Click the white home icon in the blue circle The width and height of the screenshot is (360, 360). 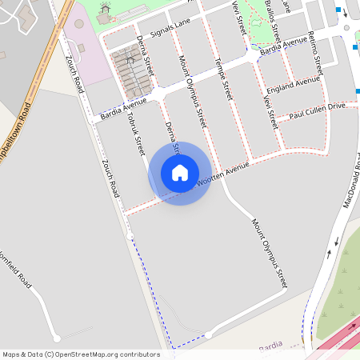point(180,173)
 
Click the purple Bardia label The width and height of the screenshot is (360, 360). point(271,346)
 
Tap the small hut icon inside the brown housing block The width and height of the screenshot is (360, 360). point(130,60)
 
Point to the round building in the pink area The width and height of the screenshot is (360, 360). point(78,23)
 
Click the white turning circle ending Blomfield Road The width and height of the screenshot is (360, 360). point(56,338)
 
